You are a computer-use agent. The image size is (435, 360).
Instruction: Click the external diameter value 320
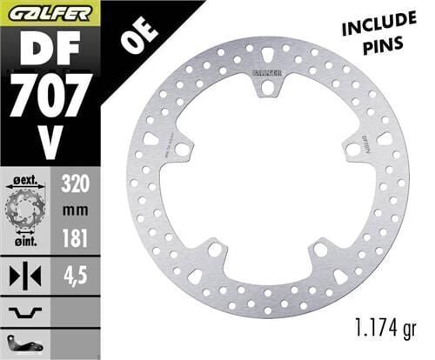(77, 184)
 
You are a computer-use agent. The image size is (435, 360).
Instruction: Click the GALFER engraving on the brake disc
(267, 70)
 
